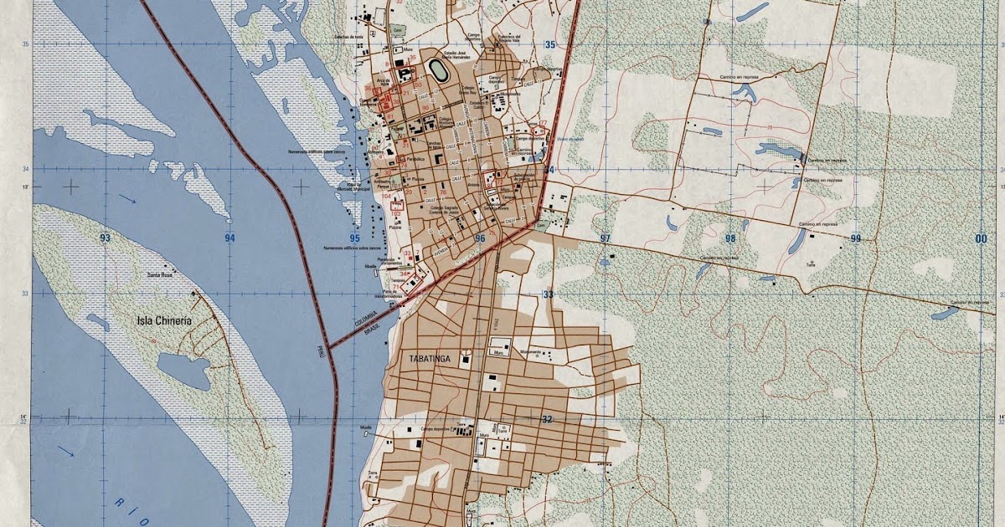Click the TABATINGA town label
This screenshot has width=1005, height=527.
(x=430, y=359)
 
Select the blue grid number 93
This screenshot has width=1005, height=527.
(x=105, y=238)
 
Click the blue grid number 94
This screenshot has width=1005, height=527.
(x=230, y=238)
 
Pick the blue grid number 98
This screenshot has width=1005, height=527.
(x=730, y=238)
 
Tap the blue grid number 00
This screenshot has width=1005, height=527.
(x=981, y=239)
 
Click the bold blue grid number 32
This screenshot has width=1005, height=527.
(x=548, y=419)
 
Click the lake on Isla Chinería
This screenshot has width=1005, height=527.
(x=183, y=371)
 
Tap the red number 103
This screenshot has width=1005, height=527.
(x=395, y=214)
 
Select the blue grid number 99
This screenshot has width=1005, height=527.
(x=855, y=238)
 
